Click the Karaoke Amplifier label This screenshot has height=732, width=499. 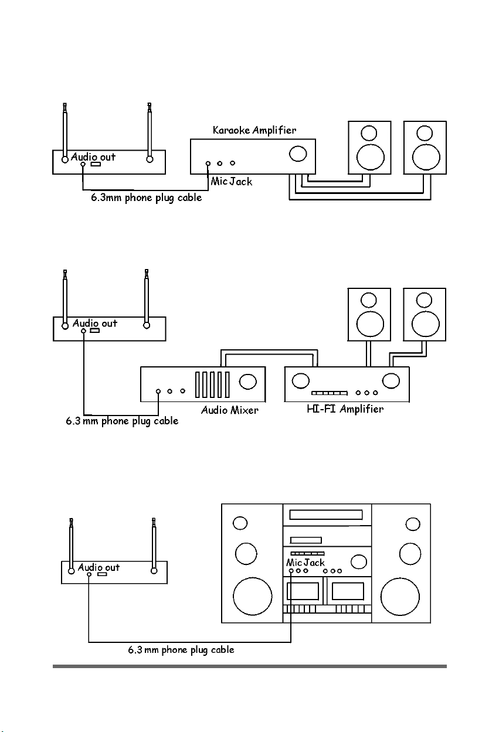tap(254, 131)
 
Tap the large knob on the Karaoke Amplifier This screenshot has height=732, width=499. tap(298, 154)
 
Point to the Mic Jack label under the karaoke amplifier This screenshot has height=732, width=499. tap(231, 181)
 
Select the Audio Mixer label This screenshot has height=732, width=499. tap(229, 410)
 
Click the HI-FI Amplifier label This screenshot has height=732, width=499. tap(345, 409)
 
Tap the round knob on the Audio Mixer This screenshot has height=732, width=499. tap(248, 382)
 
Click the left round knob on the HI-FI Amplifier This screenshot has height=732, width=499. tap(300, 381)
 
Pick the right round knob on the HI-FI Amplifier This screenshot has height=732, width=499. tap(391, 381)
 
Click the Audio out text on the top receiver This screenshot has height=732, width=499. tap(93, 157)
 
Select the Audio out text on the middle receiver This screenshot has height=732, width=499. tap(95, 323)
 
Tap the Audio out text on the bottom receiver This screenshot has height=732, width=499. tap(99, 567)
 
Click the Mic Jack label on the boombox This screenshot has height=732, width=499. tap(305, 563)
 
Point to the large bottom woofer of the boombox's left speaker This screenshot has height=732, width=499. tap(253, 596)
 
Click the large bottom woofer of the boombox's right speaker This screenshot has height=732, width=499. tap(400, 596)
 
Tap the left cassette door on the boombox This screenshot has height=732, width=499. tap(303, 591)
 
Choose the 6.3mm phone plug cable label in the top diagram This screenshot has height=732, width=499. tap(146, 198)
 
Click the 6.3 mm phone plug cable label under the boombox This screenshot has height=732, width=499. tap(181, 650)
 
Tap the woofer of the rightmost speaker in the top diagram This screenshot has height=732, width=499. tap(426, 157)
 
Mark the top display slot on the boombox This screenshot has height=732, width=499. tap(325, 515)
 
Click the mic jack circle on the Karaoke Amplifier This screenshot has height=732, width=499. tap(208, 164)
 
